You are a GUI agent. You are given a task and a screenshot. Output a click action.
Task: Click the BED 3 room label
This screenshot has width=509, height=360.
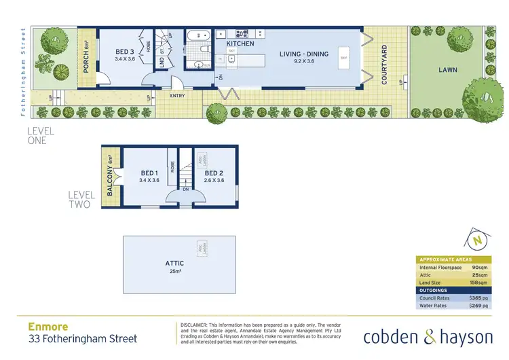(x=124, y=52)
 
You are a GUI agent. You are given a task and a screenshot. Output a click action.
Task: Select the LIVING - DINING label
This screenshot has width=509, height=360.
(x=305, y=53)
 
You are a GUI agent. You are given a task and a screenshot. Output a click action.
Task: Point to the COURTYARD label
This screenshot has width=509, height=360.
(x=384, y=65)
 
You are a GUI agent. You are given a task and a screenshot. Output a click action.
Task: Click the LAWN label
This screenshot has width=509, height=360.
(x=447, y=69)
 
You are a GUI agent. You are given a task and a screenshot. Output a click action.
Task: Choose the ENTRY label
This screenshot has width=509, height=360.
(x=178, y=96)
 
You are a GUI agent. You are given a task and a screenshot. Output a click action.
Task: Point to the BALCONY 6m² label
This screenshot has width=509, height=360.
(x=109, y=176)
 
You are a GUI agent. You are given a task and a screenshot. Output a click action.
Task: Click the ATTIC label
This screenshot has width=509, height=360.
(x=175, y=263)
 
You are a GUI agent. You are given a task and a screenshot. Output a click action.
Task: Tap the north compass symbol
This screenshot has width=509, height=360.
(x=478, y=240)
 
